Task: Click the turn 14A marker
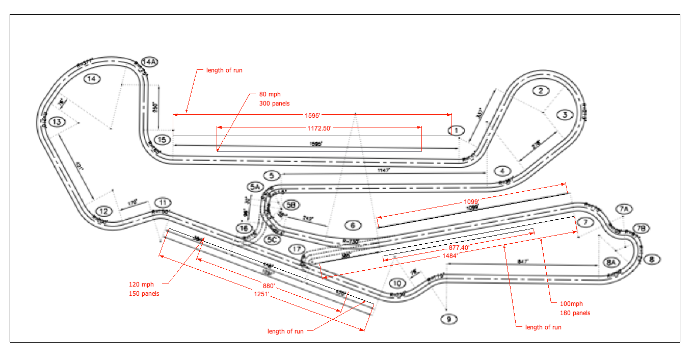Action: pyautogui.click(x=149, y=62)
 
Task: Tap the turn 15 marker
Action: pyautogui.click(x=162, y=140)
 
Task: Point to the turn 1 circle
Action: pyautogui.click(x=457, y=131)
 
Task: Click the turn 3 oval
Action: pyautogui.click(x=565, y=115)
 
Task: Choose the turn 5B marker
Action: pyautogui.click(x=290, y=205)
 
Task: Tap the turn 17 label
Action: pyautogui.click(x=297, y=249)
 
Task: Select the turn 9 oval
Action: pyautogui.click(x=449, y=320)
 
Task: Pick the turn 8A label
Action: pyautogui.click(x=611, y=262)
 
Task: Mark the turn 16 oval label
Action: pyautogui.click(x=245, y=228)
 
